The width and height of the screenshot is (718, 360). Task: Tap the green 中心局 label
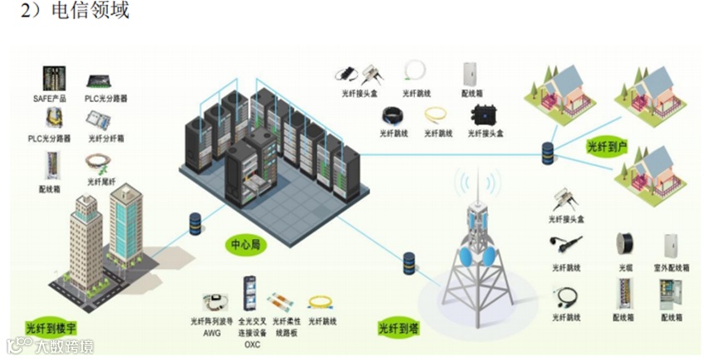(247, 246)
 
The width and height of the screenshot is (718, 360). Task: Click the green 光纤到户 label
(607, 147)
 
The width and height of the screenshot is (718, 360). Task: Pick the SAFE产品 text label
(49, 98)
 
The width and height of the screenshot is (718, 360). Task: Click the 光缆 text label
(626, 268)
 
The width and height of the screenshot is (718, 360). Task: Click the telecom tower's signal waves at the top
(476, 182)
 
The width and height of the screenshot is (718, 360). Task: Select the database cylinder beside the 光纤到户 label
(547, 153)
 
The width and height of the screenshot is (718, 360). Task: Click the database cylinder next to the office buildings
(195, 223)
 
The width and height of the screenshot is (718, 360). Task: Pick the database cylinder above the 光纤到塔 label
(408, 264)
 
